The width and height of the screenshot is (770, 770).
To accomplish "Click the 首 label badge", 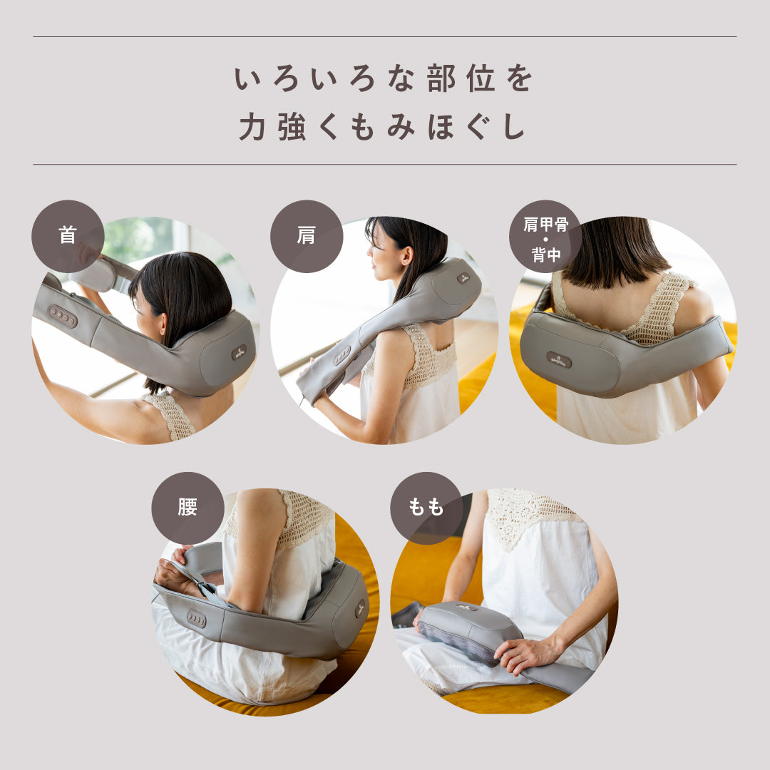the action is coord(68,236).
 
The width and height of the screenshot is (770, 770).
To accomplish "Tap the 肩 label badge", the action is coord(307,236).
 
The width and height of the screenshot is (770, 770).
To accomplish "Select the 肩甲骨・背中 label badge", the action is coord(545,236).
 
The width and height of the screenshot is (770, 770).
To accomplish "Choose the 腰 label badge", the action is coord(188,508).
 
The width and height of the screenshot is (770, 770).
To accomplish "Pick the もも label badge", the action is coord(426,508).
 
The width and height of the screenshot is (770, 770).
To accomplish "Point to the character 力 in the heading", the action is coord(252,127).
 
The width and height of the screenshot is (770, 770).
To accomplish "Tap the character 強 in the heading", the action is coord(292,127).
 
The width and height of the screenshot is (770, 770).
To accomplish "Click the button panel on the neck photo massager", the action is coord(62,316).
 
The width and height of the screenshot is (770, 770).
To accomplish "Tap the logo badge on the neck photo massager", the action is coord(239,352).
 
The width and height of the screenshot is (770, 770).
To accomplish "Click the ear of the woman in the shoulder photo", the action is coord(406,255).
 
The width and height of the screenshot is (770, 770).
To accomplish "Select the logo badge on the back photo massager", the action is coord(560,359).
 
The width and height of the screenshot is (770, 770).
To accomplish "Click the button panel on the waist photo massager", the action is coord(197,619).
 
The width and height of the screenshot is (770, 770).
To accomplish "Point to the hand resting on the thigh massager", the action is coord(525,654).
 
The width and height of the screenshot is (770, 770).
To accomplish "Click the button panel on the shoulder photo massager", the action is coord(342,356).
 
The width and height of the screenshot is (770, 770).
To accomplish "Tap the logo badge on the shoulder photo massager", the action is coord(463,279).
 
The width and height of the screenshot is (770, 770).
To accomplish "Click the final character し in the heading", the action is coord(514,127).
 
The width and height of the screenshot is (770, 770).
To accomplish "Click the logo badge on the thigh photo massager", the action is coord(466,607).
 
